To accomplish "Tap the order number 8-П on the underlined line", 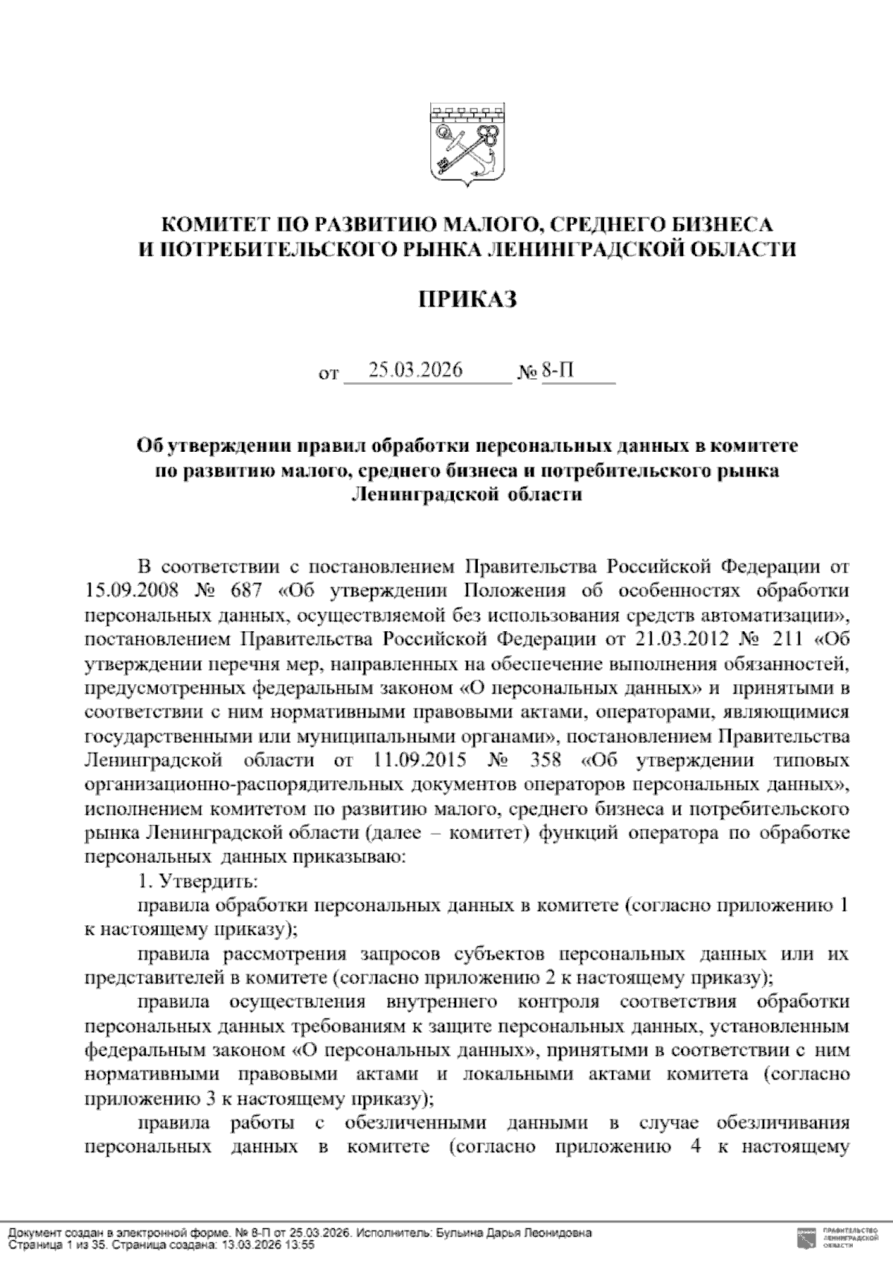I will point(557,370).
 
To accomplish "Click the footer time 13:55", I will point(301,1245).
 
